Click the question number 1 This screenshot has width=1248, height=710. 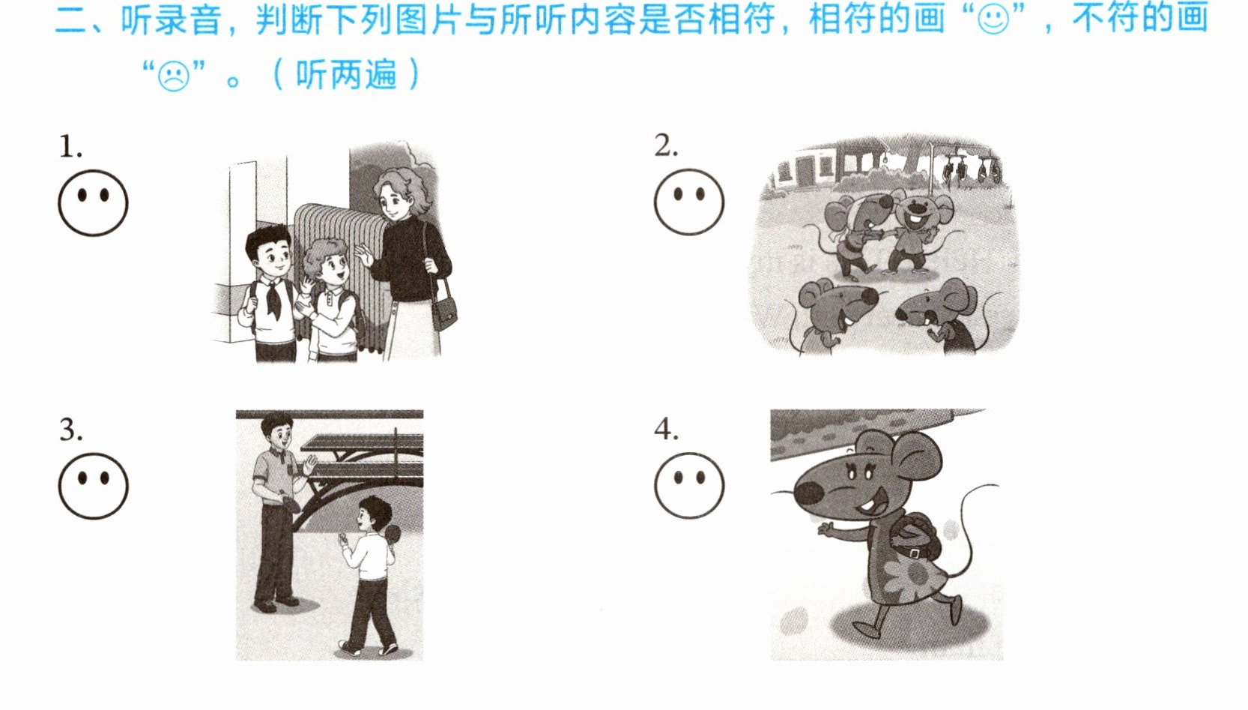coord(70,147)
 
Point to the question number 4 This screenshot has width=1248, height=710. coord(667,430)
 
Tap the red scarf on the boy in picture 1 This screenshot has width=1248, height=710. coord(273,298)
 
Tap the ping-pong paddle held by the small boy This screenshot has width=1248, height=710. coord(393,535)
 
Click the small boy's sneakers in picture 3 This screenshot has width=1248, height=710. coord(369,649)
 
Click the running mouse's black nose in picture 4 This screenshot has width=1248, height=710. coord(808,493)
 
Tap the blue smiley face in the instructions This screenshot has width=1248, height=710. coord(993,19)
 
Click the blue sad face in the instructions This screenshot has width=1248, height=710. coord(173,76)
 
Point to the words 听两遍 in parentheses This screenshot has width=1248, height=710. coord(346,75)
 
